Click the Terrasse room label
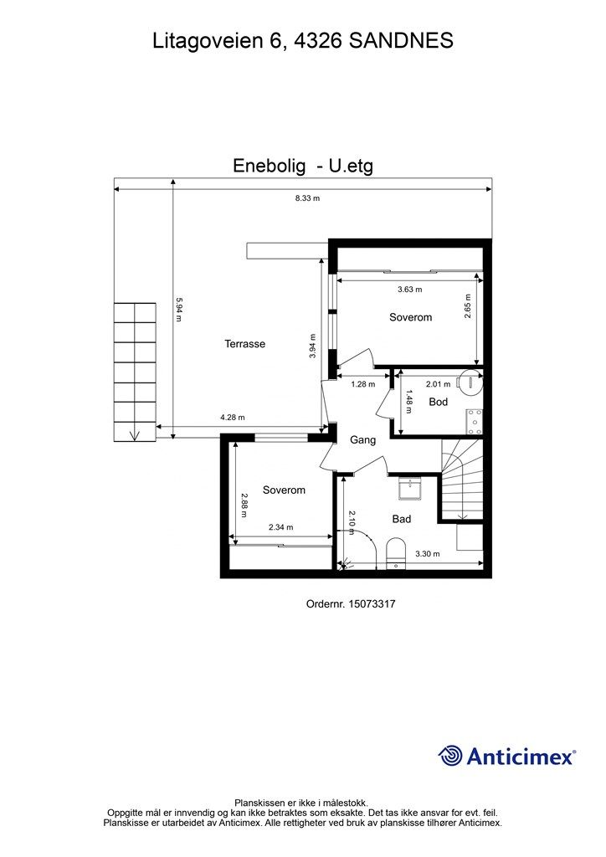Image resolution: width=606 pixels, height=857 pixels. (244, 344)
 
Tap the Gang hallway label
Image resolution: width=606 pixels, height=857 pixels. (362, 439)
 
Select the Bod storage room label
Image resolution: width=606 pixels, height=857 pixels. (438, 402)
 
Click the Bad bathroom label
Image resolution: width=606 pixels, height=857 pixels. (402, 519)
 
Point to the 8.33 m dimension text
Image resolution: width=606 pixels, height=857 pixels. (306, 198)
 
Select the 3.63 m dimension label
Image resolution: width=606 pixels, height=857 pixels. (408, 290)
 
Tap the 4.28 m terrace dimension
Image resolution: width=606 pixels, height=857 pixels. (233, 418)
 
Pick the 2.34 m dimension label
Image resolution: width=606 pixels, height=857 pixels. (282, 527)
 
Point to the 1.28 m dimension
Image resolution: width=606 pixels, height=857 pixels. (362, 384)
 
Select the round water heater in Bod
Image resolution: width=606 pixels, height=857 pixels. (471, 382)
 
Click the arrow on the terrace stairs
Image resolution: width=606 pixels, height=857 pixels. (135, 434)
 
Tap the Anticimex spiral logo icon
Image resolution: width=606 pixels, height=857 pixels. (450, 756)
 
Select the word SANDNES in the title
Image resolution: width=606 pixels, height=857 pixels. (401, 39)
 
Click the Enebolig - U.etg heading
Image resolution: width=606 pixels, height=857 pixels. (302, 167)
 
